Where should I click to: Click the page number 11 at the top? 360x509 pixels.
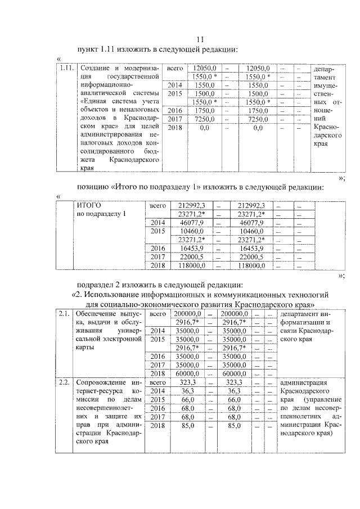(199, 39)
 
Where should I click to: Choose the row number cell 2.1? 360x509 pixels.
(64, 313)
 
